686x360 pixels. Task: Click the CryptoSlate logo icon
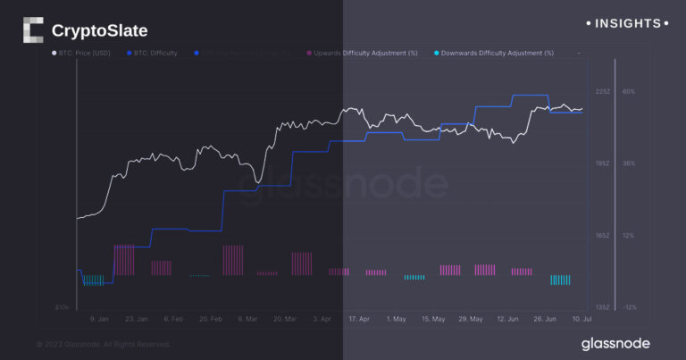click(x=33, y=30)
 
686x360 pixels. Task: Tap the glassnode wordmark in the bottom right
click(x=615, y=343)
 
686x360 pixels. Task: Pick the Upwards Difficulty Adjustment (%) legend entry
click(x=362, y=54)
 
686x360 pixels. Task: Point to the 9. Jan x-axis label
click(x=99, y=318)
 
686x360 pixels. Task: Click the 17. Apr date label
click(x=358, y=318)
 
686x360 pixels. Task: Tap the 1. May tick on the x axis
click(x=396, y=318)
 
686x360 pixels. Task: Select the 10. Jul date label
click(x=582, y=318)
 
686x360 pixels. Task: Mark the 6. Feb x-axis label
click(x=173, y=318)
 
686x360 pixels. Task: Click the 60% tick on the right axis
click(x=629, y=92)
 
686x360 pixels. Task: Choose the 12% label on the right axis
click(x=629, y=236)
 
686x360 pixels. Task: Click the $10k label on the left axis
click(x=63, y=307)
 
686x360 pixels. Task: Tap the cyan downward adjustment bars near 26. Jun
click(x=560, y=280)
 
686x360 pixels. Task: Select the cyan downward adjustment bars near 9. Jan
click(x=93, y=280)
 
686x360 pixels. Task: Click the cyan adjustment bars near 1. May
click(x=414, y=277)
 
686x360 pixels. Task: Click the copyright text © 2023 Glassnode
click(x=103, y=344)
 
